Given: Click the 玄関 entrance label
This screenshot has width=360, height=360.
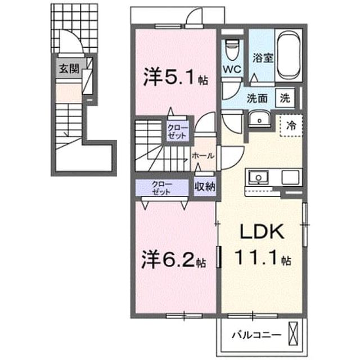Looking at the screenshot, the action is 69,69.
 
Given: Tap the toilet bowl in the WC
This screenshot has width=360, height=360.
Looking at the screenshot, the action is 232,50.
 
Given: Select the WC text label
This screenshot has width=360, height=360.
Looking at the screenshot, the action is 232,69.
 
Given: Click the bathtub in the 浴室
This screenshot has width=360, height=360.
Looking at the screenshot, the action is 289,55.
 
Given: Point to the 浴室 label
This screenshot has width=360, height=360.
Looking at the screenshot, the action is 263,58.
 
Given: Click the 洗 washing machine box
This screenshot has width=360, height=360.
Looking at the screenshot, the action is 285,98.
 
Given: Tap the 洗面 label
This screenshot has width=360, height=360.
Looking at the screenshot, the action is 258,98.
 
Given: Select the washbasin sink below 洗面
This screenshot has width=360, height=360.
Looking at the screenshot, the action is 259,119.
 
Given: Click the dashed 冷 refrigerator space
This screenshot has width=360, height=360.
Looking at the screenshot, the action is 291,125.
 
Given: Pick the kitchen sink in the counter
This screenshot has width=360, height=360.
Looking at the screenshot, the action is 259,177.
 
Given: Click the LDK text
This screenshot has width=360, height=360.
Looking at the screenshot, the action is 262,232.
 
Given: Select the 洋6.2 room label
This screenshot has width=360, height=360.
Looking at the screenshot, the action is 173,259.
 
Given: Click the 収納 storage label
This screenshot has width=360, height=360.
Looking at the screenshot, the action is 205,187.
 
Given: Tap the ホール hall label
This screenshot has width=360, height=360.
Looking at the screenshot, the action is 203,156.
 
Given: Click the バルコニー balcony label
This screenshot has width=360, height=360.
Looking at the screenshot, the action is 256,335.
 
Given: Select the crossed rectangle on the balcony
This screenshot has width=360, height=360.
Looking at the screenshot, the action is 293,334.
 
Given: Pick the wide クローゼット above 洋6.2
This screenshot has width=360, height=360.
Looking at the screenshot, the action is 161,188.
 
